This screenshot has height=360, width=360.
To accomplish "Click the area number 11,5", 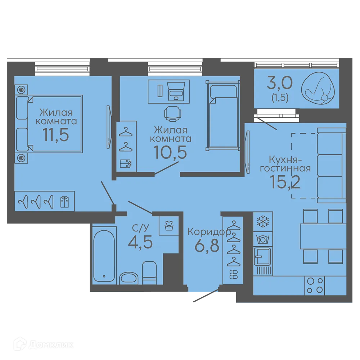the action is (56, 135).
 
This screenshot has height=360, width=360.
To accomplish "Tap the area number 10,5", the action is (171, 152).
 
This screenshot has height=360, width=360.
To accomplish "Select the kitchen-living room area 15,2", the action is (285, 181).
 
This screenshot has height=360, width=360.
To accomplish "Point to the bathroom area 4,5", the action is (140, 242).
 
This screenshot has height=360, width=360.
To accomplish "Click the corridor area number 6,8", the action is (207, 246).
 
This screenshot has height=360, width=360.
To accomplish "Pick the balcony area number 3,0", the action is (280, 83).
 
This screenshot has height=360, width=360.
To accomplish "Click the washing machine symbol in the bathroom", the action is (169, 225).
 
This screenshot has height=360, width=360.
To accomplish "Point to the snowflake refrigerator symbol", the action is (263, 222).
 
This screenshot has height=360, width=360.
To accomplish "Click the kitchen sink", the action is (262, 256).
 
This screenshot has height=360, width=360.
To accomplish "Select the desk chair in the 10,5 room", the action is (173, 114).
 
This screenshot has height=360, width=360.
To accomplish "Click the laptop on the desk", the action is (176, 91).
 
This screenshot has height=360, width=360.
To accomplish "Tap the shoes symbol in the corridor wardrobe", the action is (234, 274).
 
